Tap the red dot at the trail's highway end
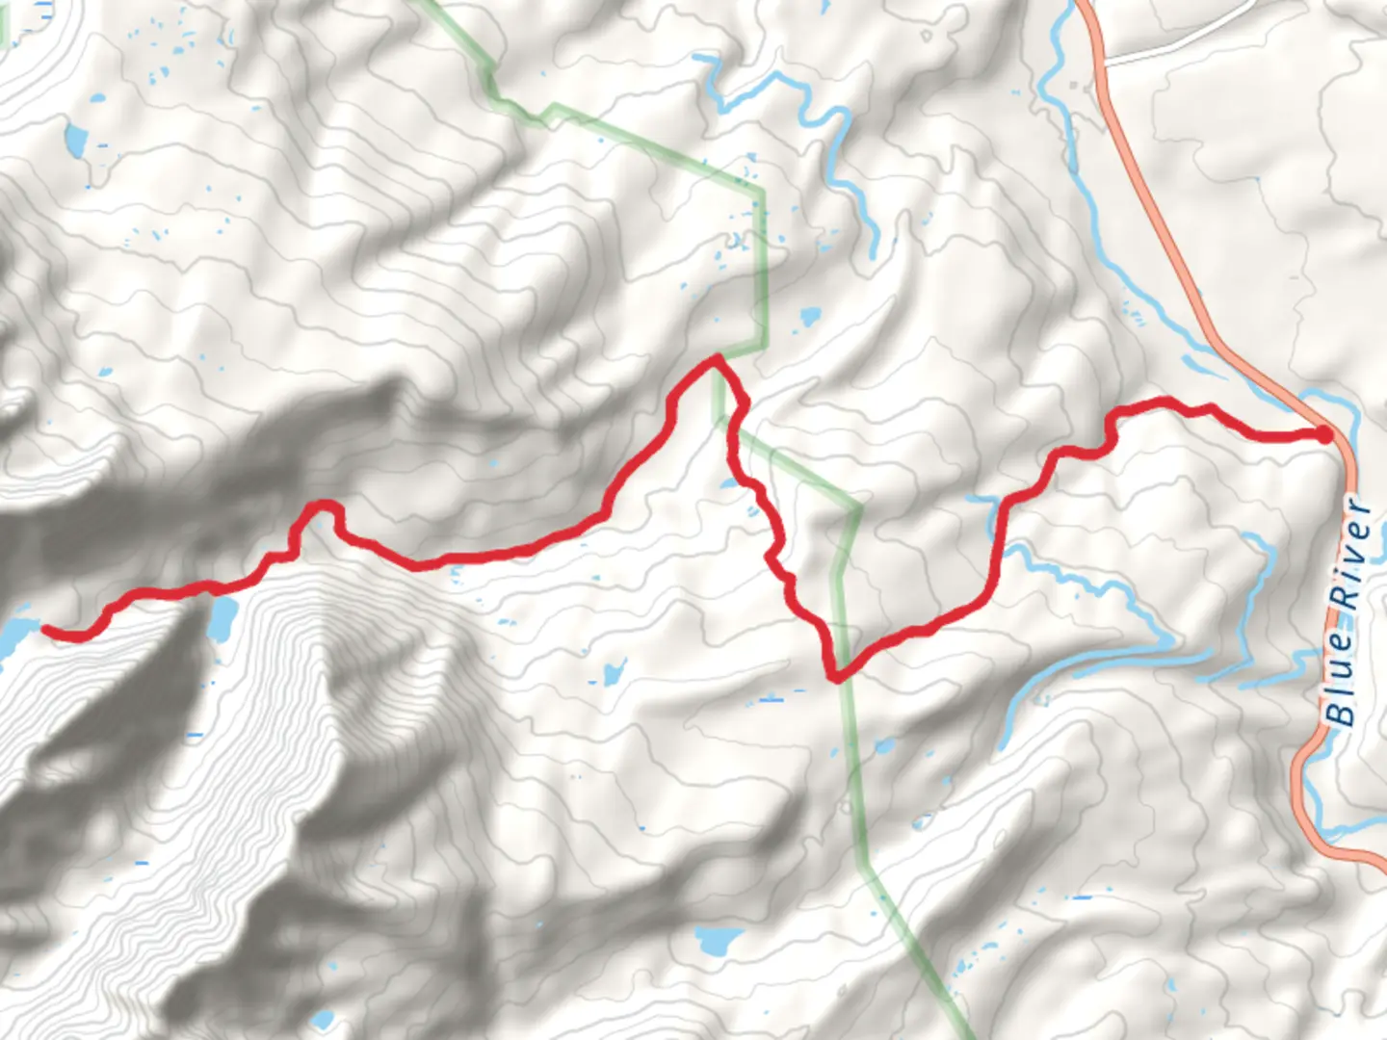[1324, 435]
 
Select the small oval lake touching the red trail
[222, 617]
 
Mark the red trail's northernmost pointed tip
[717, 358]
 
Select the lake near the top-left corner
[75, 140]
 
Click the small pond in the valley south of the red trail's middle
[611, 671]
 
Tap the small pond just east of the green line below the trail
[884, 746]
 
